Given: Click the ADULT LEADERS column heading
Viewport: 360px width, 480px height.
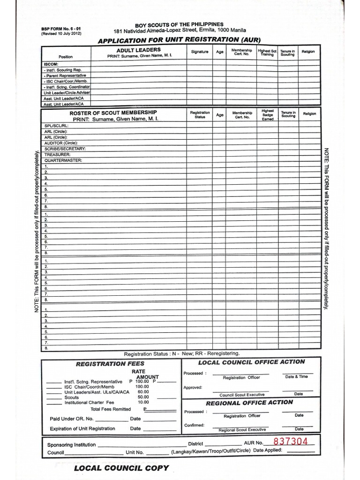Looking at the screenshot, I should point(138,50).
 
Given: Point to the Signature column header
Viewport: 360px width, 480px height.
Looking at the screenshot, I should point(200,52).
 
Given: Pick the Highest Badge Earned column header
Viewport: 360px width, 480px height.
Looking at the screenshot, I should point(268,115).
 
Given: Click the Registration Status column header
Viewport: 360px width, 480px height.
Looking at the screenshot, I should point(200,115).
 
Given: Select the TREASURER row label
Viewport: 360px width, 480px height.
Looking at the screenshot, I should point(57,154).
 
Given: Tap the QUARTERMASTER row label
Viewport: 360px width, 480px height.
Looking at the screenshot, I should point(63,160).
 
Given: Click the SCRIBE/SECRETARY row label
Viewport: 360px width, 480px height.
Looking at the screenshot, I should point(65,149).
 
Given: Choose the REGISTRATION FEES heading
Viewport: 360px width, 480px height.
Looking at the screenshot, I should point(110,363).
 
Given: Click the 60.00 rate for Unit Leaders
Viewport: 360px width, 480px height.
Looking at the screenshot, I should point(143,391).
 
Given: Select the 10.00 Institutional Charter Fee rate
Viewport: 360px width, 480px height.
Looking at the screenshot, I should point(143,402).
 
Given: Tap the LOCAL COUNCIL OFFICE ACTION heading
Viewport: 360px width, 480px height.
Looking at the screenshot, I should point(251,362).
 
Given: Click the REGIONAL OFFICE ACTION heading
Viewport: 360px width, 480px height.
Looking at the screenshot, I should point(249,402).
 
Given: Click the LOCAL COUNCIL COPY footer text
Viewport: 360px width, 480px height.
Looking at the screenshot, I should point(121,468).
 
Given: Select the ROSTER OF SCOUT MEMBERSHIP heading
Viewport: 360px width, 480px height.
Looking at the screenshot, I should point(113,112).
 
